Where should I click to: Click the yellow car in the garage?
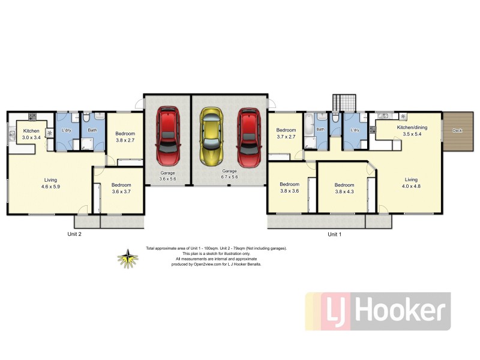[x=210, y=137]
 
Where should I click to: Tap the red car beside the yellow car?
[x=248, y=137]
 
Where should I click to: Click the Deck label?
[x=457, y=130]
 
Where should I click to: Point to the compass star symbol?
[x=127, y=259]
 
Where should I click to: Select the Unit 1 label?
[x=335, y=235]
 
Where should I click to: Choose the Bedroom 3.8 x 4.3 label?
[x=344, y=188]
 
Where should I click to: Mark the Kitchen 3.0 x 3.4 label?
[x=31, y=134]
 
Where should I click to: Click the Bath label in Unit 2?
[x=92, y=130]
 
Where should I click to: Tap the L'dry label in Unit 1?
[x=355, y=130]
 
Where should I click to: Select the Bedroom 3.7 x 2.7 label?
[x=286, y=133]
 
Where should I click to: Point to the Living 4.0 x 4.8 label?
[x=411, y=182]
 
